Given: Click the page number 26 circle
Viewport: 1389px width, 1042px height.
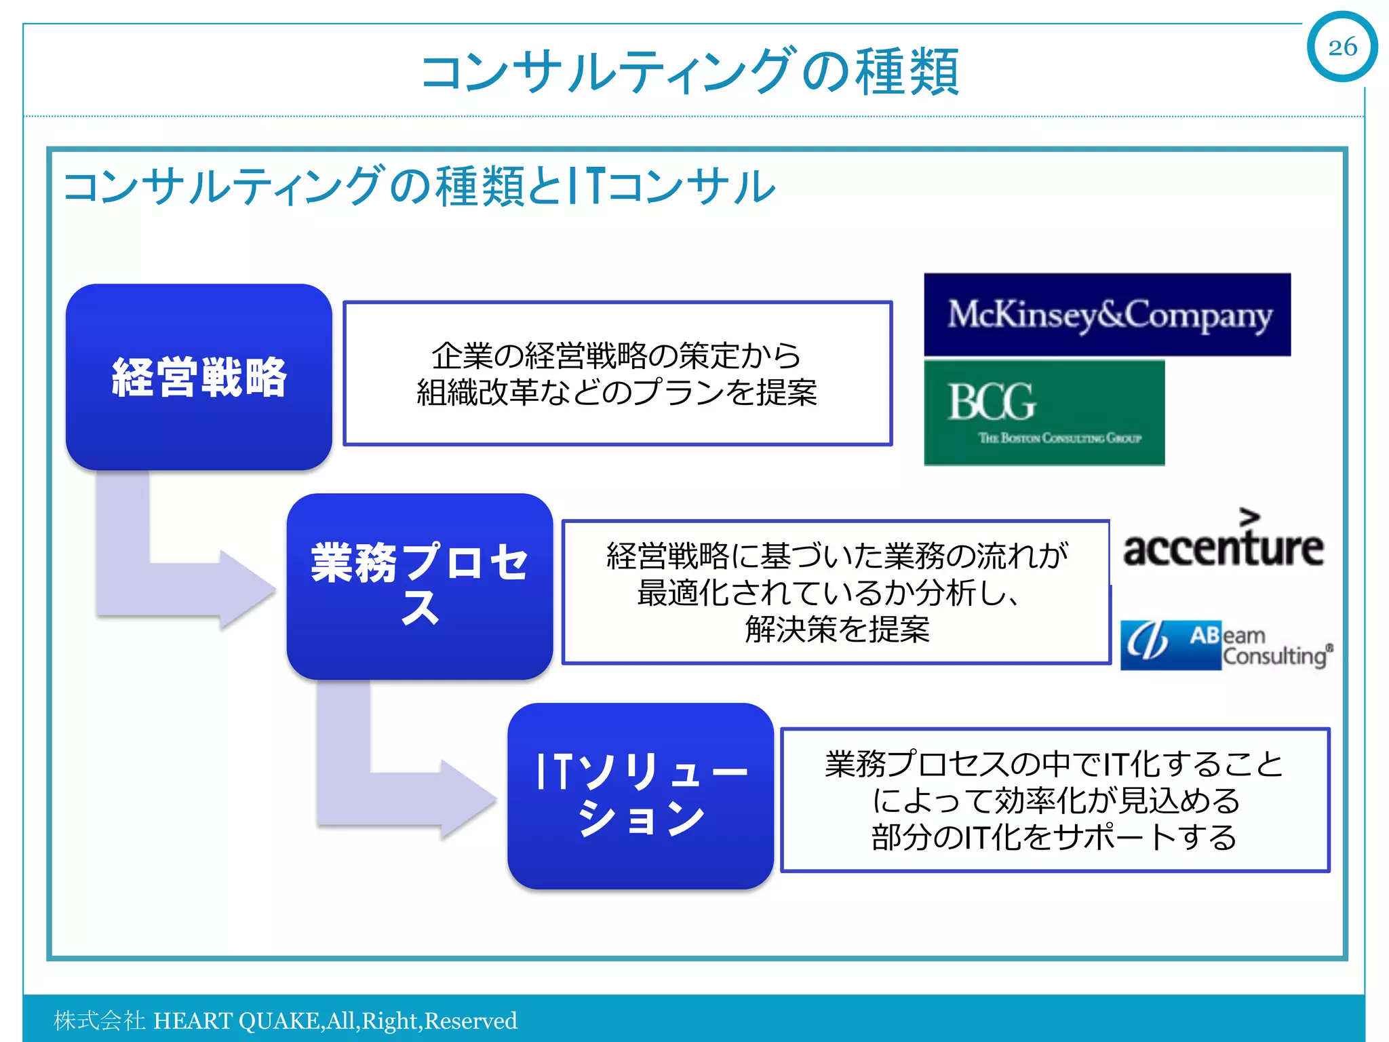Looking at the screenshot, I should [1342, 47].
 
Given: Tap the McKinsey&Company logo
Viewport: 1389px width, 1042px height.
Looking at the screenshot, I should [1107, 315].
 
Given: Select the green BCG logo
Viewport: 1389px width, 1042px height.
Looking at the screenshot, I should [1044, 412].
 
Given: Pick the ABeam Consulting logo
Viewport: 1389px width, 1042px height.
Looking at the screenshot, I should [1225, 645].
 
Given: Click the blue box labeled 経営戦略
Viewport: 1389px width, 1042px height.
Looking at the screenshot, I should [199, 377].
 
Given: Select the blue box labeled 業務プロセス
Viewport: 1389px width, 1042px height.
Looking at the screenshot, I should [419, 586].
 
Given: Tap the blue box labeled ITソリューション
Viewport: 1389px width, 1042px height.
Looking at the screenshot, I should [640, 796].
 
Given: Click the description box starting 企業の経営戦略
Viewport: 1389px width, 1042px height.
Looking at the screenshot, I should [617, 374].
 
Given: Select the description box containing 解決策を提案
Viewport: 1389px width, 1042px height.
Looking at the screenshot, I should [836, 592].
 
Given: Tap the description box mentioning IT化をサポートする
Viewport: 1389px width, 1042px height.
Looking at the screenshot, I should [1055, 800].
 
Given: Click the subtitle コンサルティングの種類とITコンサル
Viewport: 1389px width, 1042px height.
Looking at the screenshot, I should [418, 186].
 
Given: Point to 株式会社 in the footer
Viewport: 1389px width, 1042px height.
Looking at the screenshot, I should [99, 1021].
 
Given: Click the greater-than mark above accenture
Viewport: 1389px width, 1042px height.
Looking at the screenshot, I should [1249, 516].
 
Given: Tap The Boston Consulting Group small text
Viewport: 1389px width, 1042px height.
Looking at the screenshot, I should [1059, 438].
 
